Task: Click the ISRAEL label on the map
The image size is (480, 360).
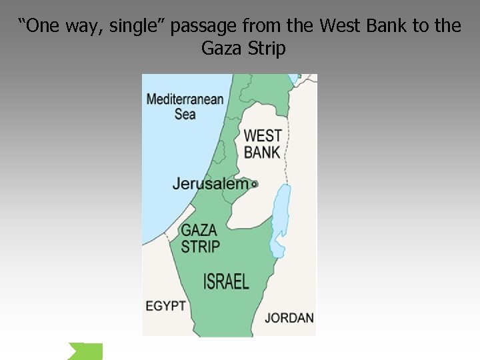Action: tap(226, 281)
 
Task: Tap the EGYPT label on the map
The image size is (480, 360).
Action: tap(166, 306)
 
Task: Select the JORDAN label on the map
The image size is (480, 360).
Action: tap(289, 317)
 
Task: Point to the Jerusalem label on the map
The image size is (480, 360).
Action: tap(210, 183)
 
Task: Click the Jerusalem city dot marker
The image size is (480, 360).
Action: tap(255, 183)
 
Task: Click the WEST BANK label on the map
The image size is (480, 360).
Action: tap(262, 143)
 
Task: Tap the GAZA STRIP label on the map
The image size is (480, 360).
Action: tap(199, 238)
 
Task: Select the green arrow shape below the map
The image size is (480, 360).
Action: tap(85, 351)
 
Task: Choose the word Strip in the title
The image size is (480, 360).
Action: tap(267, 49)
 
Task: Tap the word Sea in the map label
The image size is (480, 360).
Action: tap(185, 114)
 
